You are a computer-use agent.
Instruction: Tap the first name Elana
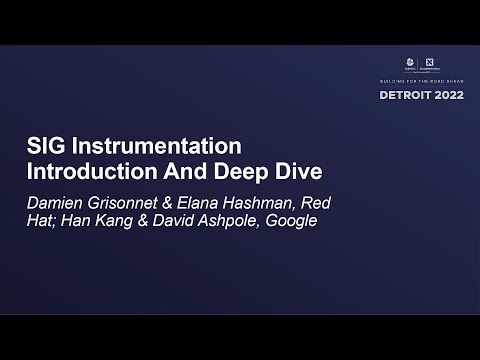211,202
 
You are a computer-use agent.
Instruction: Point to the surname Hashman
275,202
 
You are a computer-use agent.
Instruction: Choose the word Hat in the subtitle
43,221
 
